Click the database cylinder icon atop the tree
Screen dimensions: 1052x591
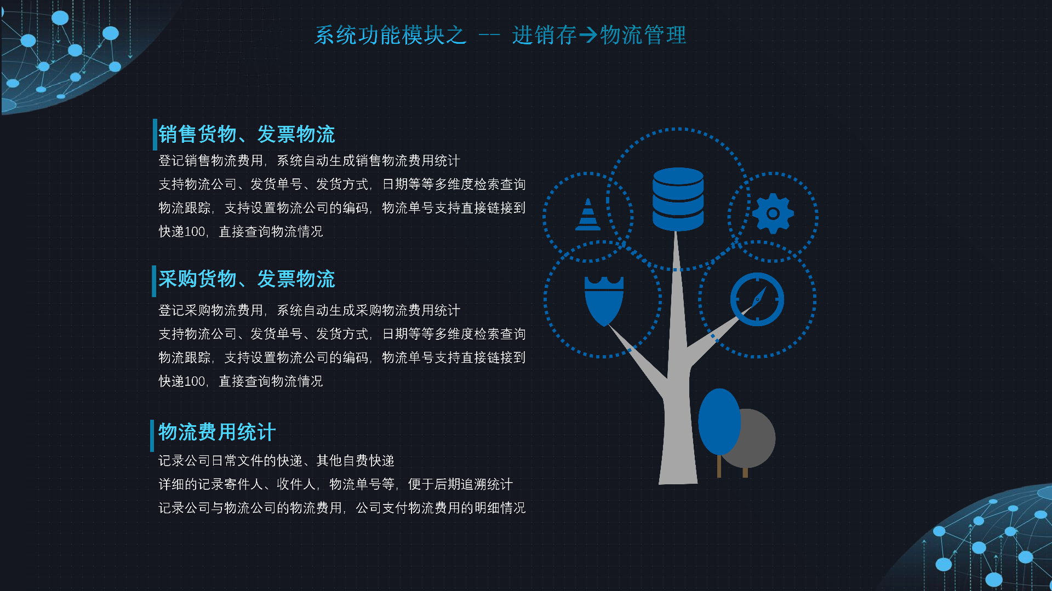click(678, 199)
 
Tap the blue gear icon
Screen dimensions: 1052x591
click(773, 213)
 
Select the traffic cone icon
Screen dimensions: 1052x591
click(588, 214)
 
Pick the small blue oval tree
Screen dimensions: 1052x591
click(719, 422)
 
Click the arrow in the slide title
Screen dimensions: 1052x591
click(588, 36)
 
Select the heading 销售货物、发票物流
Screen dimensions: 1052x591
click(247, 134)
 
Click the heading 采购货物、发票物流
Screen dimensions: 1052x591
click(247, 279)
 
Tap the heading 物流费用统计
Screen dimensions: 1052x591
click(217, 432)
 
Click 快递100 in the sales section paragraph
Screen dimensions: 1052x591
click(182, 231)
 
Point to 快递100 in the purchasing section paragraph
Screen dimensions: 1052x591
click(182, 381)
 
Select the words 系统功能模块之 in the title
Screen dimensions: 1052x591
click(390, 36)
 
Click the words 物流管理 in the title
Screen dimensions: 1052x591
click(643, 36)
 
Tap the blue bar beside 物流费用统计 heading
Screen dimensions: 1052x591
click(152, 436)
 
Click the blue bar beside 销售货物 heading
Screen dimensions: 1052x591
click(155, 134)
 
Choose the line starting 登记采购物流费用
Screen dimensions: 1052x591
click(310, 310)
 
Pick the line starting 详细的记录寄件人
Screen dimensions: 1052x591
click(336, 484)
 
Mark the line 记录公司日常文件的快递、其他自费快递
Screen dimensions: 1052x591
click(277, 461)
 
